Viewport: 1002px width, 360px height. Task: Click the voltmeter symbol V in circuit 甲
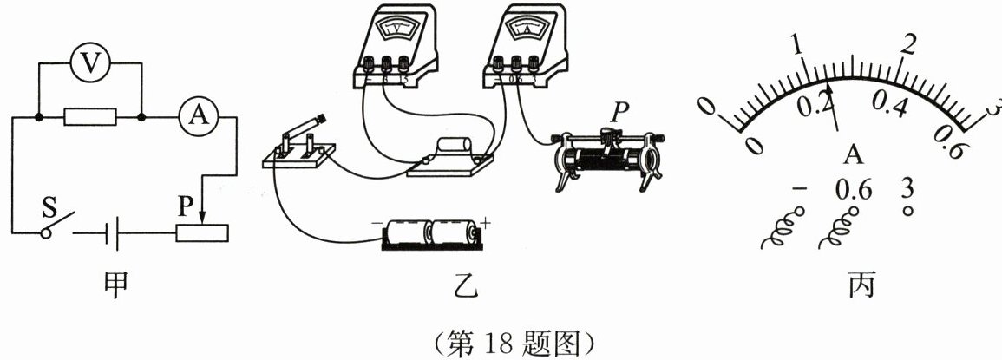(x=88, y=62)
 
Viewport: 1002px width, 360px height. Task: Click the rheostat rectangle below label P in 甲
(x=202, y=233)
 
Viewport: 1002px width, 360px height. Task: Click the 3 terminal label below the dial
(x=908, y=188)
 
